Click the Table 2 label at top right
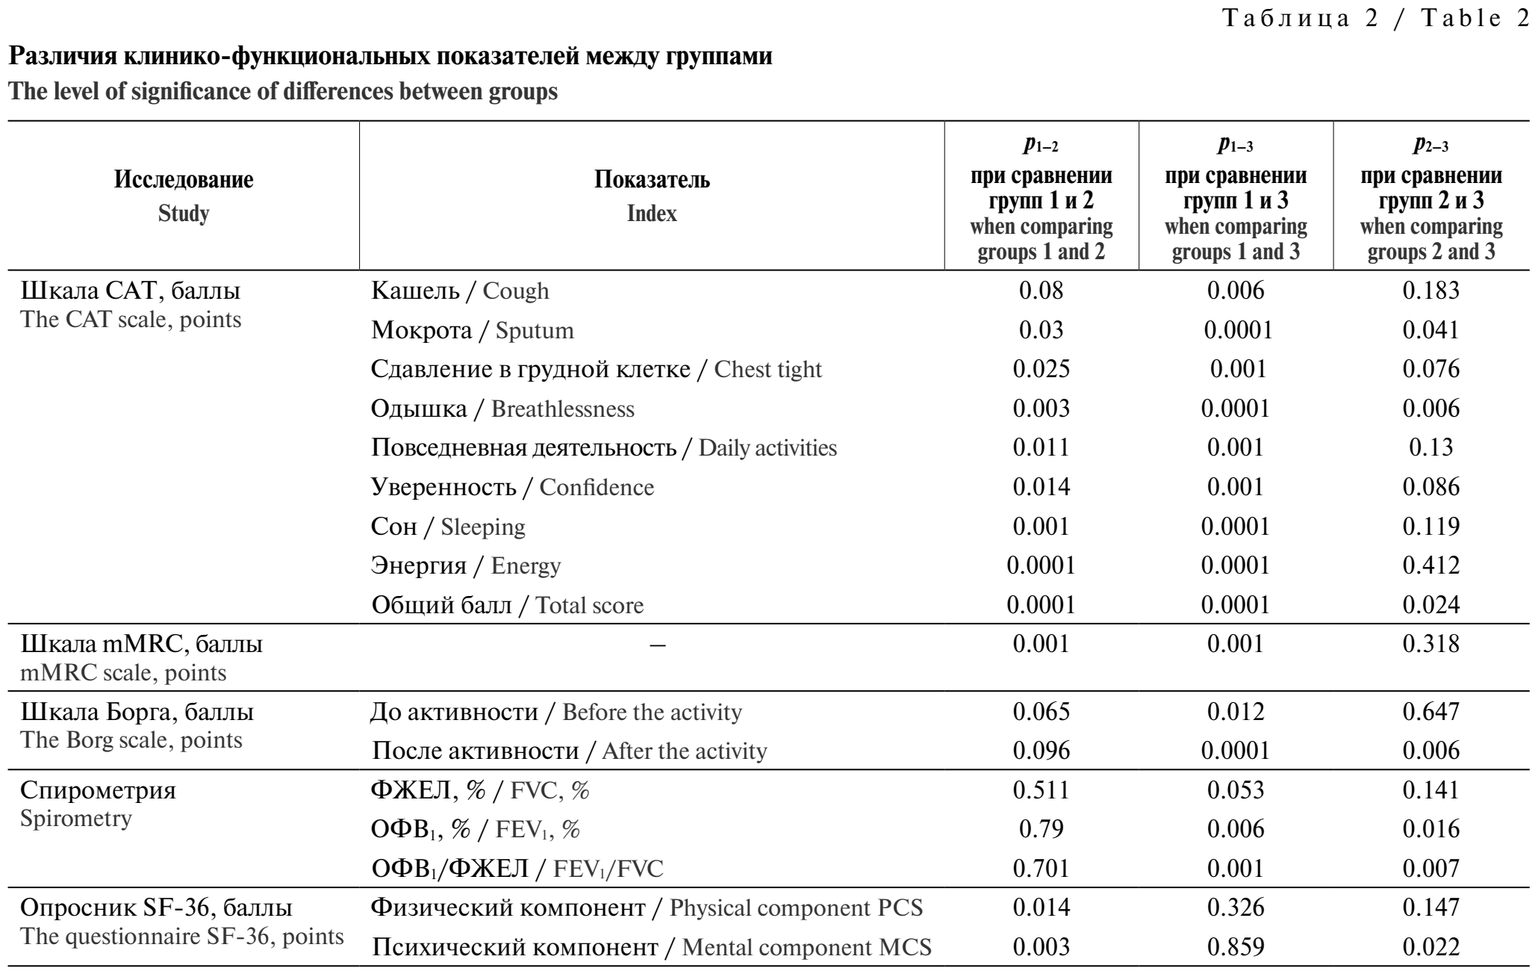tap(1374, 19)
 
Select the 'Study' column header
tap(184, 196)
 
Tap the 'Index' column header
tap(652, 196)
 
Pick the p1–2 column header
tap(1042, 198)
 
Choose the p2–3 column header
tap(1431, 198)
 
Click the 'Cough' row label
tap(460, 291)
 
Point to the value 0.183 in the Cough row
tap(1430, 291)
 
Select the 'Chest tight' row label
tap(597, 369)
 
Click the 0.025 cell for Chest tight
tap(1041, 369)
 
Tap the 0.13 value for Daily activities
tap(1431, 447)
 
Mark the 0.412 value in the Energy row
tap(1430, 565)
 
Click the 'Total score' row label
tap(508, 604)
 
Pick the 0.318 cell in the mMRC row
tap(1430, 644)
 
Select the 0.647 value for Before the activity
tap(1430, 711)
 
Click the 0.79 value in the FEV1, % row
tap(1041, 829)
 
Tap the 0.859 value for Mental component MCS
tap(1236, 947)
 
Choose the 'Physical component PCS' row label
tap(647, 908)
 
